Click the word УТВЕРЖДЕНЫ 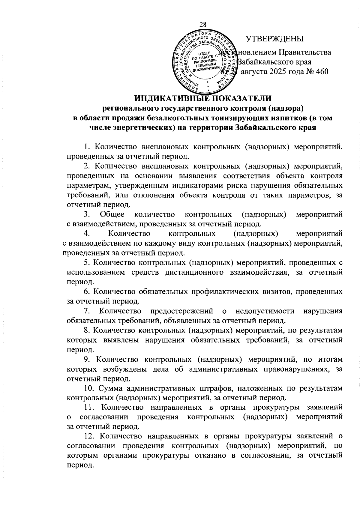[274, 39]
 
